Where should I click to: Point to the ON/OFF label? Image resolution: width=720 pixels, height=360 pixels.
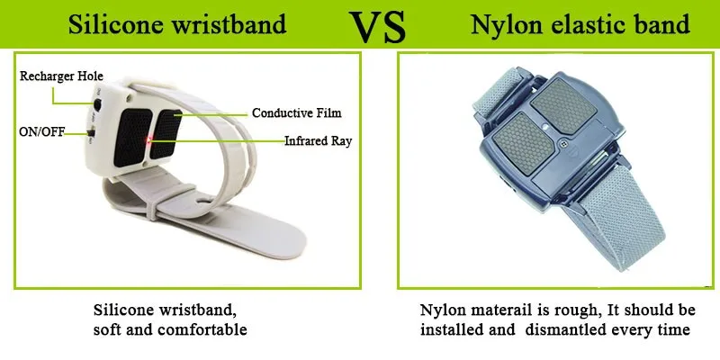(x=40, y=132)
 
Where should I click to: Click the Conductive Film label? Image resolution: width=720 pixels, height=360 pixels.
(x=296, y=113)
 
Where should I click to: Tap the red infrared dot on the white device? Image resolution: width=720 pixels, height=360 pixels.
(x=150, y=139)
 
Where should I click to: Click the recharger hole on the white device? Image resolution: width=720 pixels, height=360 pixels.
(x=96, y=105)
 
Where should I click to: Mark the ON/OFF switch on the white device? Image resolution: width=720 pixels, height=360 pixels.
(x=94, y=135)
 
